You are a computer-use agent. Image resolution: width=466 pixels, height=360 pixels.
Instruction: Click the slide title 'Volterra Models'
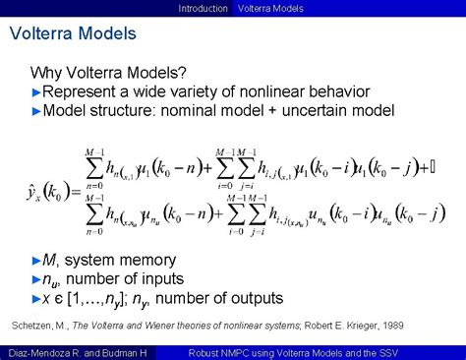(73, 35)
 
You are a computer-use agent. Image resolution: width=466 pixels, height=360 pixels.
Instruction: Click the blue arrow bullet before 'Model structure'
(36, 110)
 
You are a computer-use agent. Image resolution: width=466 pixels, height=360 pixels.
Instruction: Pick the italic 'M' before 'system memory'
(51, 261)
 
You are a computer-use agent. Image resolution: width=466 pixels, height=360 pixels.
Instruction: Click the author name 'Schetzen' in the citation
(35, 326)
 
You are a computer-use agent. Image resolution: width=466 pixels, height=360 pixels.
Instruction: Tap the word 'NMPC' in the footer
(249, 352)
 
